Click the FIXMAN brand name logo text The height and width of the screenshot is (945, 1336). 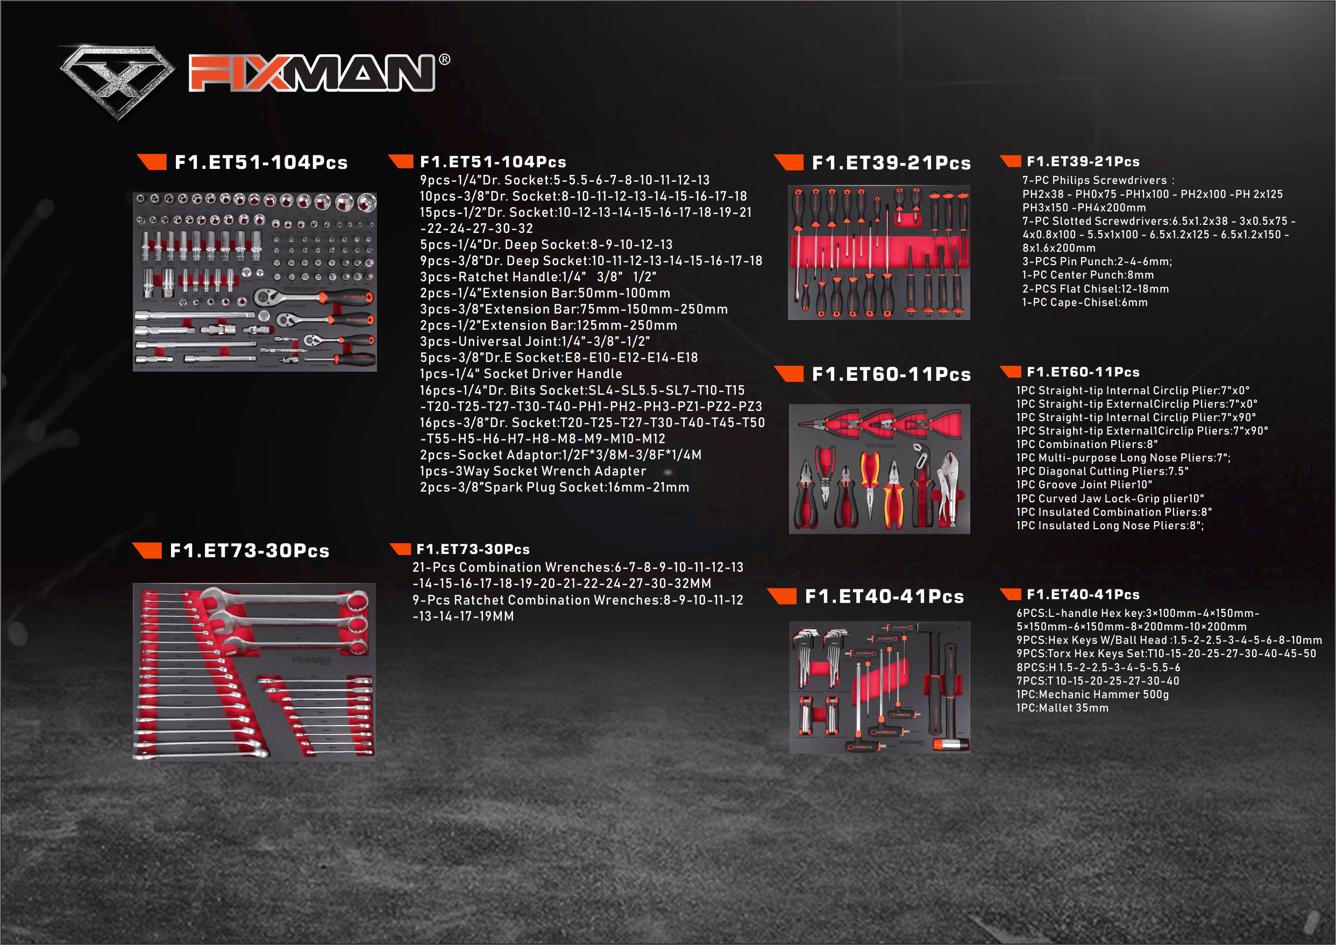[x=311, y=73]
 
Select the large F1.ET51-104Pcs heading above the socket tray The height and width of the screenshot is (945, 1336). [x=261, y=162]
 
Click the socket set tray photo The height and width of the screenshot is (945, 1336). [x=255, y=282]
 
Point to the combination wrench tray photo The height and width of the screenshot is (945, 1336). [x=254, y=672]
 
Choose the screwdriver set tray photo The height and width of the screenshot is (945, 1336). [x=879, y=253]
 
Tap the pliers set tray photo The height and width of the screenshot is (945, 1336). [x=879, y=469]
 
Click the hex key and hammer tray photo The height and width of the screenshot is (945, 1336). [x=880, y=687]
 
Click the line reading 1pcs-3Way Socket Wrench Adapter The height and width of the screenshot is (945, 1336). [x=533, y=471]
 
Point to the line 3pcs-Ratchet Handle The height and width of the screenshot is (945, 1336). [x=538, y=277]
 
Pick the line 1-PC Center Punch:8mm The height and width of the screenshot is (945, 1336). [x=1088, y=275]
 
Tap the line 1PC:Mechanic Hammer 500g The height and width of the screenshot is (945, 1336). [x=1092, y=695]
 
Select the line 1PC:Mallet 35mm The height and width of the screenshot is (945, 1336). [x=1062, y=708]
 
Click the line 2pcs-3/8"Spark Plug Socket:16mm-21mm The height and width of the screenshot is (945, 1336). [x=555, y=488]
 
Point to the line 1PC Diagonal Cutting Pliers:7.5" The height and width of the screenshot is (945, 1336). [x=1102, y=471]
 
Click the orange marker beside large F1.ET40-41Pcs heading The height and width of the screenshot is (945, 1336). [x=781, y=596]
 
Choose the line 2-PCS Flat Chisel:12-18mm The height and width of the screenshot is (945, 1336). [x=1096, y=289]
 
